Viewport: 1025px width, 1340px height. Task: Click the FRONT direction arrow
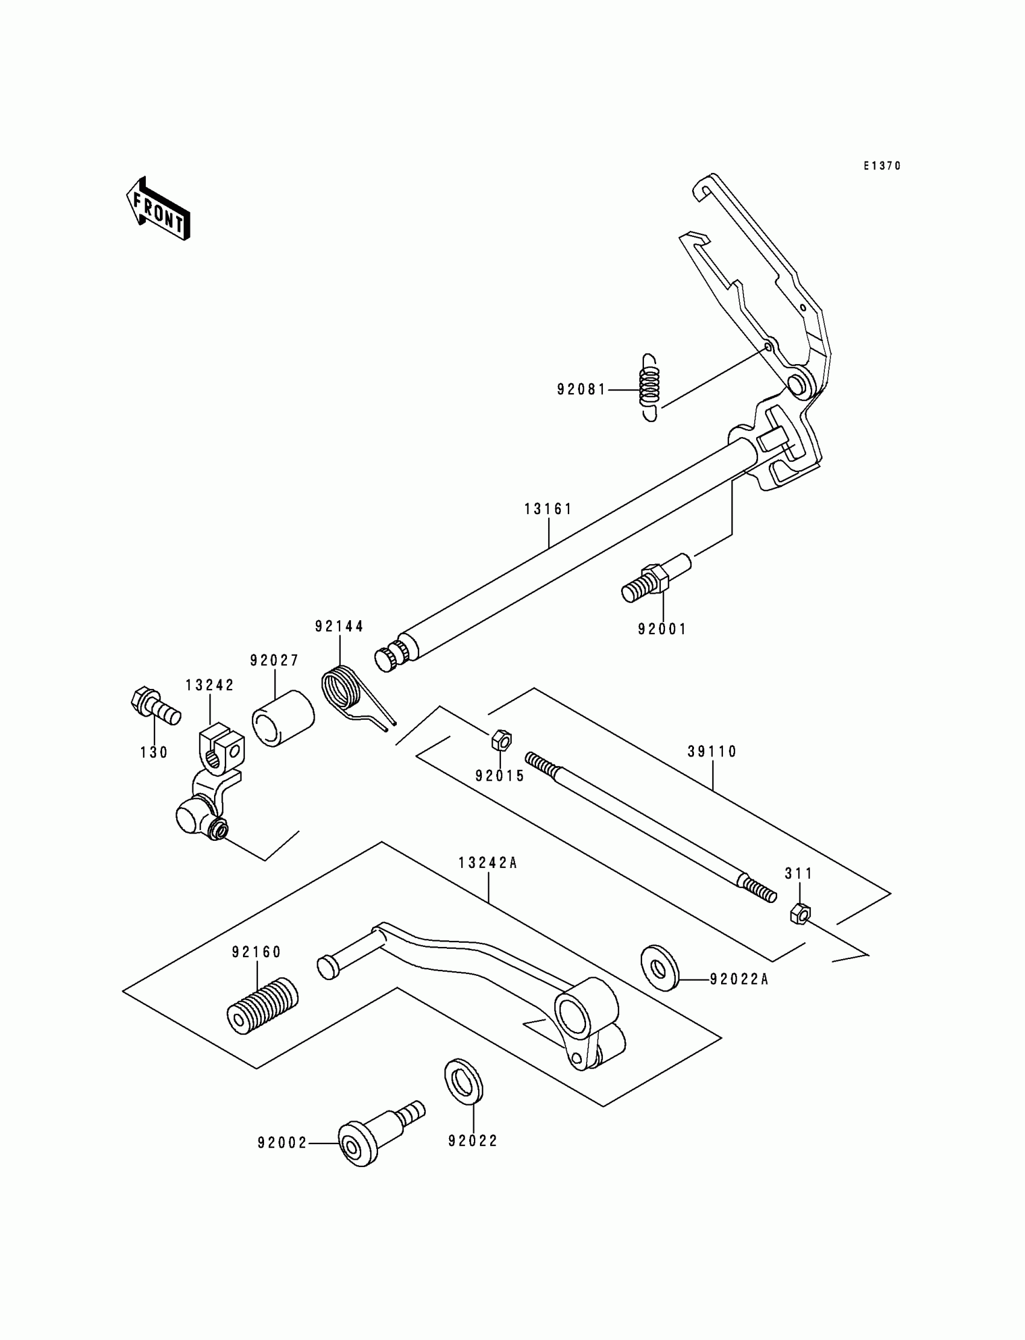point(158,209)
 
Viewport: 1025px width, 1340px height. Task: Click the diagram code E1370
point(881,166)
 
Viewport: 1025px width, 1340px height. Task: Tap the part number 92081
point(581,389)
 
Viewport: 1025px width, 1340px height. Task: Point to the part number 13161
point(548,509)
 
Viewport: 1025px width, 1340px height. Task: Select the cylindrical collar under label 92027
point(283,718)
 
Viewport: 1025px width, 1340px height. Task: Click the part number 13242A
point(488,863)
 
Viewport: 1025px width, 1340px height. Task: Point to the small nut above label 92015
point(501,740)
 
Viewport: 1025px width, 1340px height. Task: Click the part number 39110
point(712,752)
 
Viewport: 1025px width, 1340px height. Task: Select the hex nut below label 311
point(800,914)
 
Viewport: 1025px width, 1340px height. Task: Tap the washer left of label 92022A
point(660,968)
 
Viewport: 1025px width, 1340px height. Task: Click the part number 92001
point(662,629)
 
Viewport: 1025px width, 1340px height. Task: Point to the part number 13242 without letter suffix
point(210,685)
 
